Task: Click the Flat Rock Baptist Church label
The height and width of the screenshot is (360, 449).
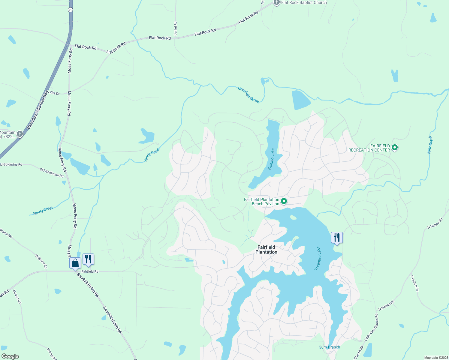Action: (304, 3)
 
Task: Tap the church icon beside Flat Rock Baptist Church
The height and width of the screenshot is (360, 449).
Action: (277, 2)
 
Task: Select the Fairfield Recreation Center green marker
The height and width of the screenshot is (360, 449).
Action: (395, 148)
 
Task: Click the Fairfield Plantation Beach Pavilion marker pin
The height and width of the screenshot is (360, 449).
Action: (284, 201)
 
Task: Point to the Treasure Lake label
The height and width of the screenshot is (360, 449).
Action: (318, 258)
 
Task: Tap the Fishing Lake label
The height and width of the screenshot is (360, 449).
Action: (272, 159)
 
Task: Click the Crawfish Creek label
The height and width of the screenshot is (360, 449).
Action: (249, 95)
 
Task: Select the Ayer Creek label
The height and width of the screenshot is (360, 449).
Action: (430, 145)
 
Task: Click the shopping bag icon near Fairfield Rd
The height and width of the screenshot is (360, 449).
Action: (75, 264)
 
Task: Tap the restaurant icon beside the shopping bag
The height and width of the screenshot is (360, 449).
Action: (88, 259)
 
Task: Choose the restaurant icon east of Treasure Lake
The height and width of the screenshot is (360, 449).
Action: (337, 238)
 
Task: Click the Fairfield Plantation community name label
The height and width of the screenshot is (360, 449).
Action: (266, 250)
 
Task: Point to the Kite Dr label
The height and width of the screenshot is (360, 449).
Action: (55, 93)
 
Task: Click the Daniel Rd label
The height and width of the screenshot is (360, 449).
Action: (176, 28)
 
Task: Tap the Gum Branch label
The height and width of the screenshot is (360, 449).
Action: (329, 347)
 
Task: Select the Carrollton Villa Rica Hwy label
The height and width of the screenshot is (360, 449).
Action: (38, 110)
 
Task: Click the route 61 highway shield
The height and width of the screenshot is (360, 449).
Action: (70, 10)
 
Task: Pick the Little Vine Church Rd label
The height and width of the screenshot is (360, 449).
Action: (372, 327)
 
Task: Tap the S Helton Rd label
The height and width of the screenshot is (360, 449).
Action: (414, 283)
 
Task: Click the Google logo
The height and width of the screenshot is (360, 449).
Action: (10, 356)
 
